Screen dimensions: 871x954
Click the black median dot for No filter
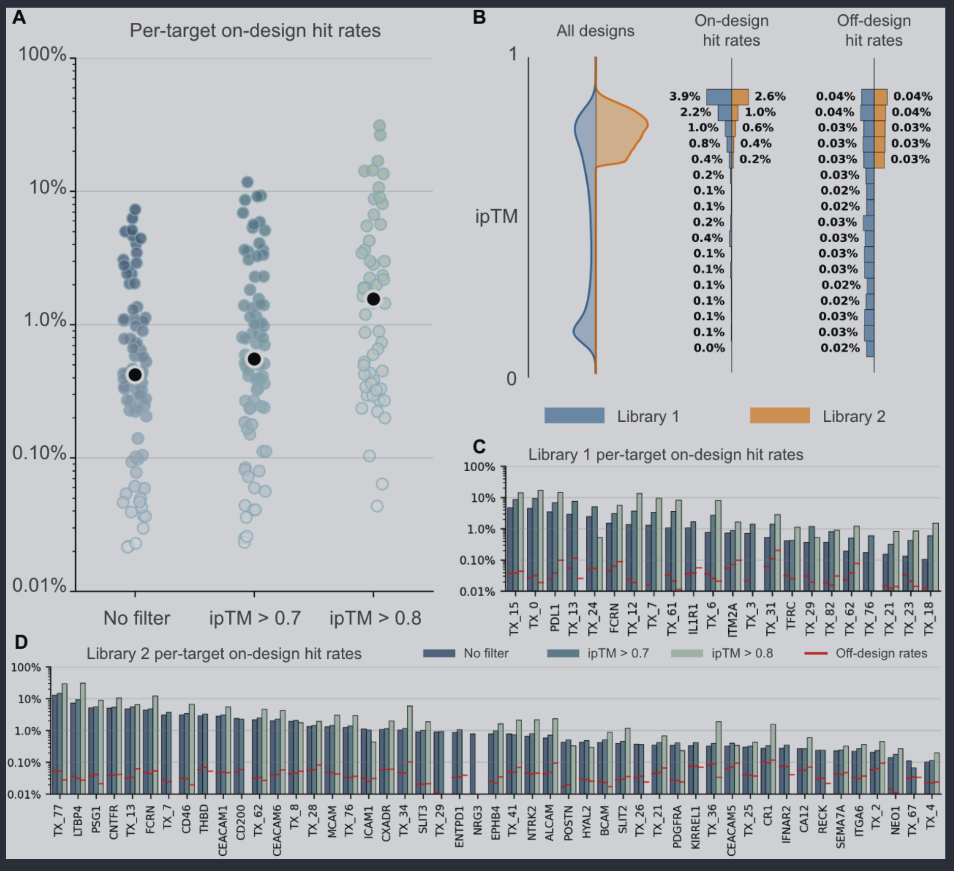135,375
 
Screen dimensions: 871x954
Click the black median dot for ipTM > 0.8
373,299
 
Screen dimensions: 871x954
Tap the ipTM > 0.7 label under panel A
255,618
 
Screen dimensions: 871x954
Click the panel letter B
479,17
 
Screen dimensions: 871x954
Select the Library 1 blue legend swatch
574,415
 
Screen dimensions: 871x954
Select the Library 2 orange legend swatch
780,415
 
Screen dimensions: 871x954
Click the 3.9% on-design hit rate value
684,96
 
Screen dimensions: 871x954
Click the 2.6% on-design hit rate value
770,96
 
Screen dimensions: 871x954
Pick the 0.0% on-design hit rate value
709,348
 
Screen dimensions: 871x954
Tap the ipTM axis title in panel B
496,216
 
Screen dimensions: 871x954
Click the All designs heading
595,31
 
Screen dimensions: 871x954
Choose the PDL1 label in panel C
555,618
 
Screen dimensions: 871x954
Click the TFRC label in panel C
791,616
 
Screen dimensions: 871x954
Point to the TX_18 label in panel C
929,619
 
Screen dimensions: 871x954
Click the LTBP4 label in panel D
77,821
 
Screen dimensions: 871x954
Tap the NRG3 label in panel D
478,820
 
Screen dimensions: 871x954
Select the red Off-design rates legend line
816,653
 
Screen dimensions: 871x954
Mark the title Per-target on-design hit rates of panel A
255,31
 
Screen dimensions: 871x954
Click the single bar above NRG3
472,764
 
